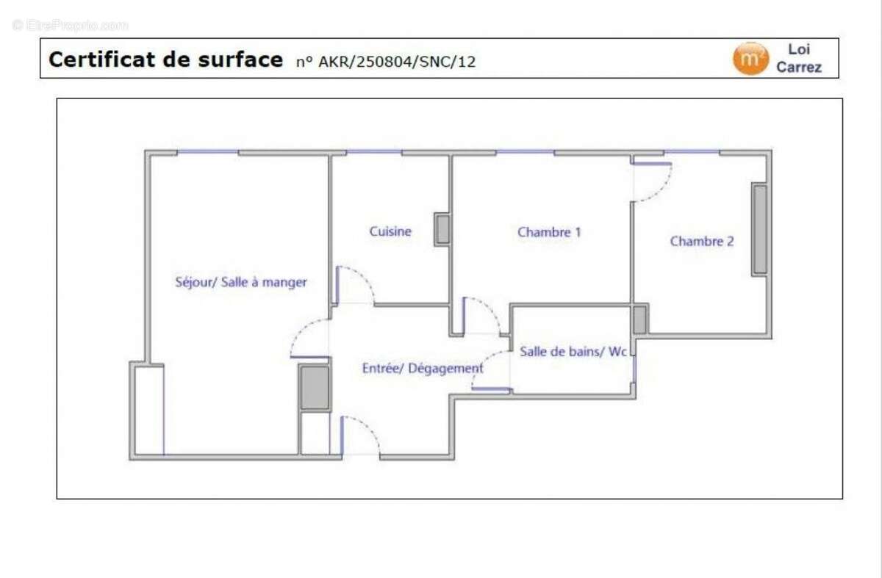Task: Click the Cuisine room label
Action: [x=390, y=231]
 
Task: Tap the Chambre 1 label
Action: [x=549, y=232]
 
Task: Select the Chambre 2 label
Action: [x=701, y=241]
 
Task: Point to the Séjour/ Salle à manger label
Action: [x=241, y=282]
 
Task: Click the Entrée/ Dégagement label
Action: [x=423, y=369]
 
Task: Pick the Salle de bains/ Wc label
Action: [x=573, y=352]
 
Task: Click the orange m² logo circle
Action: [x=750, y=59]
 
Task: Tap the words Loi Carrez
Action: [x=799, y=59]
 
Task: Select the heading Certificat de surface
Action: [x=165, y=59]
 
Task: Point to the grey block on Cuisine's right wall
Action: [x=442, y=229]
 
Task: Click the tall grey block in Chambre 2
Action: [x=759, y=230]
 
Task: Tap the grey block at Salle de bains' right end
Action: [x=639, y=320]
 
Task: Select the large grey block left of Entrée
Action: [x=315, y=387]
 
